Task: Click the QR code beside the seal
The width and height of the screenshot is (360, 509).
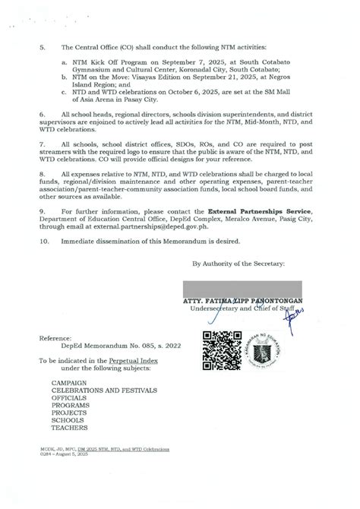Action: pos(220,346)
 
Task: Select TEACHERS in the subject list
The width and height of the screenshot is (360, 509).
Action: pos(69,428)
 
